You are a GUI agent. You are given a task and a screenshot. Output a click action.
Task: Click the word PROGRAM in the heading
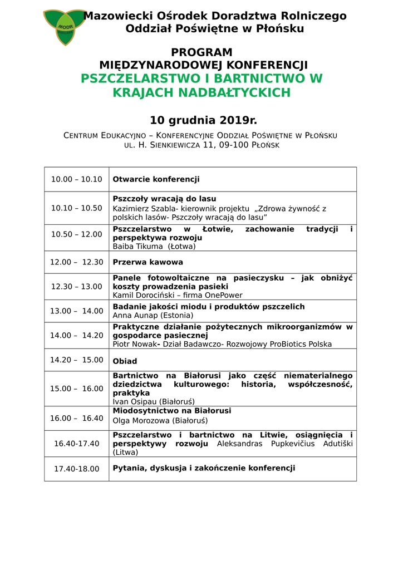pos(202,52)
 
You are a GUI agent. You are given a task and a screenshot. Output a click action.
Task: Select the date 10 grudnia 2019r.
pos(203,120)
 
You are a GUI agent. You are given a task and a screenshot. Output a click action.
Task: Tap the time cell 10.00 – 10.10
pos(77,179)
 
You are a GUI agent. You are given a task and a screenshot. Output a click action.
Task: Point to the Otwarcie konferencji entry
pos(156,179)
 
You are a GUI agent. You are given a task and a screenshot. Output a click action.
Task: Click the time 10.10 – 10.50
pos(77,208)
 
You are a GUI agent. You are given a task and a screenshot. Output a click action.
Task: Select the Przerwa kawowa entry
pos(148,262)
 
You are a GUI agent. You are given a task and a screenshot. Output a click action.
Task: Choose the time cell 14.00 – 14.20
pos(77,336)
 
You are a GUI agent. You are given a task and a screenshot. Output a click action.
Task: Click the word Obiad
pos(125,361)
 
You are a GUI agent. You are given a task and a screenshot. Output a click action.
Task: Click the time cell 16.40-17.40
pos(77,444)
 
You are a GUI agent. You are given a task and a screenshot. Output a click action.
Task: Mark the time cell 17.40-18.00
pos(77,469)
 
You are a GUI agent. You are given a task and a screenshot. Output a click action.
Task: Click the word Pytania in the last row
pos(129,468)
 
